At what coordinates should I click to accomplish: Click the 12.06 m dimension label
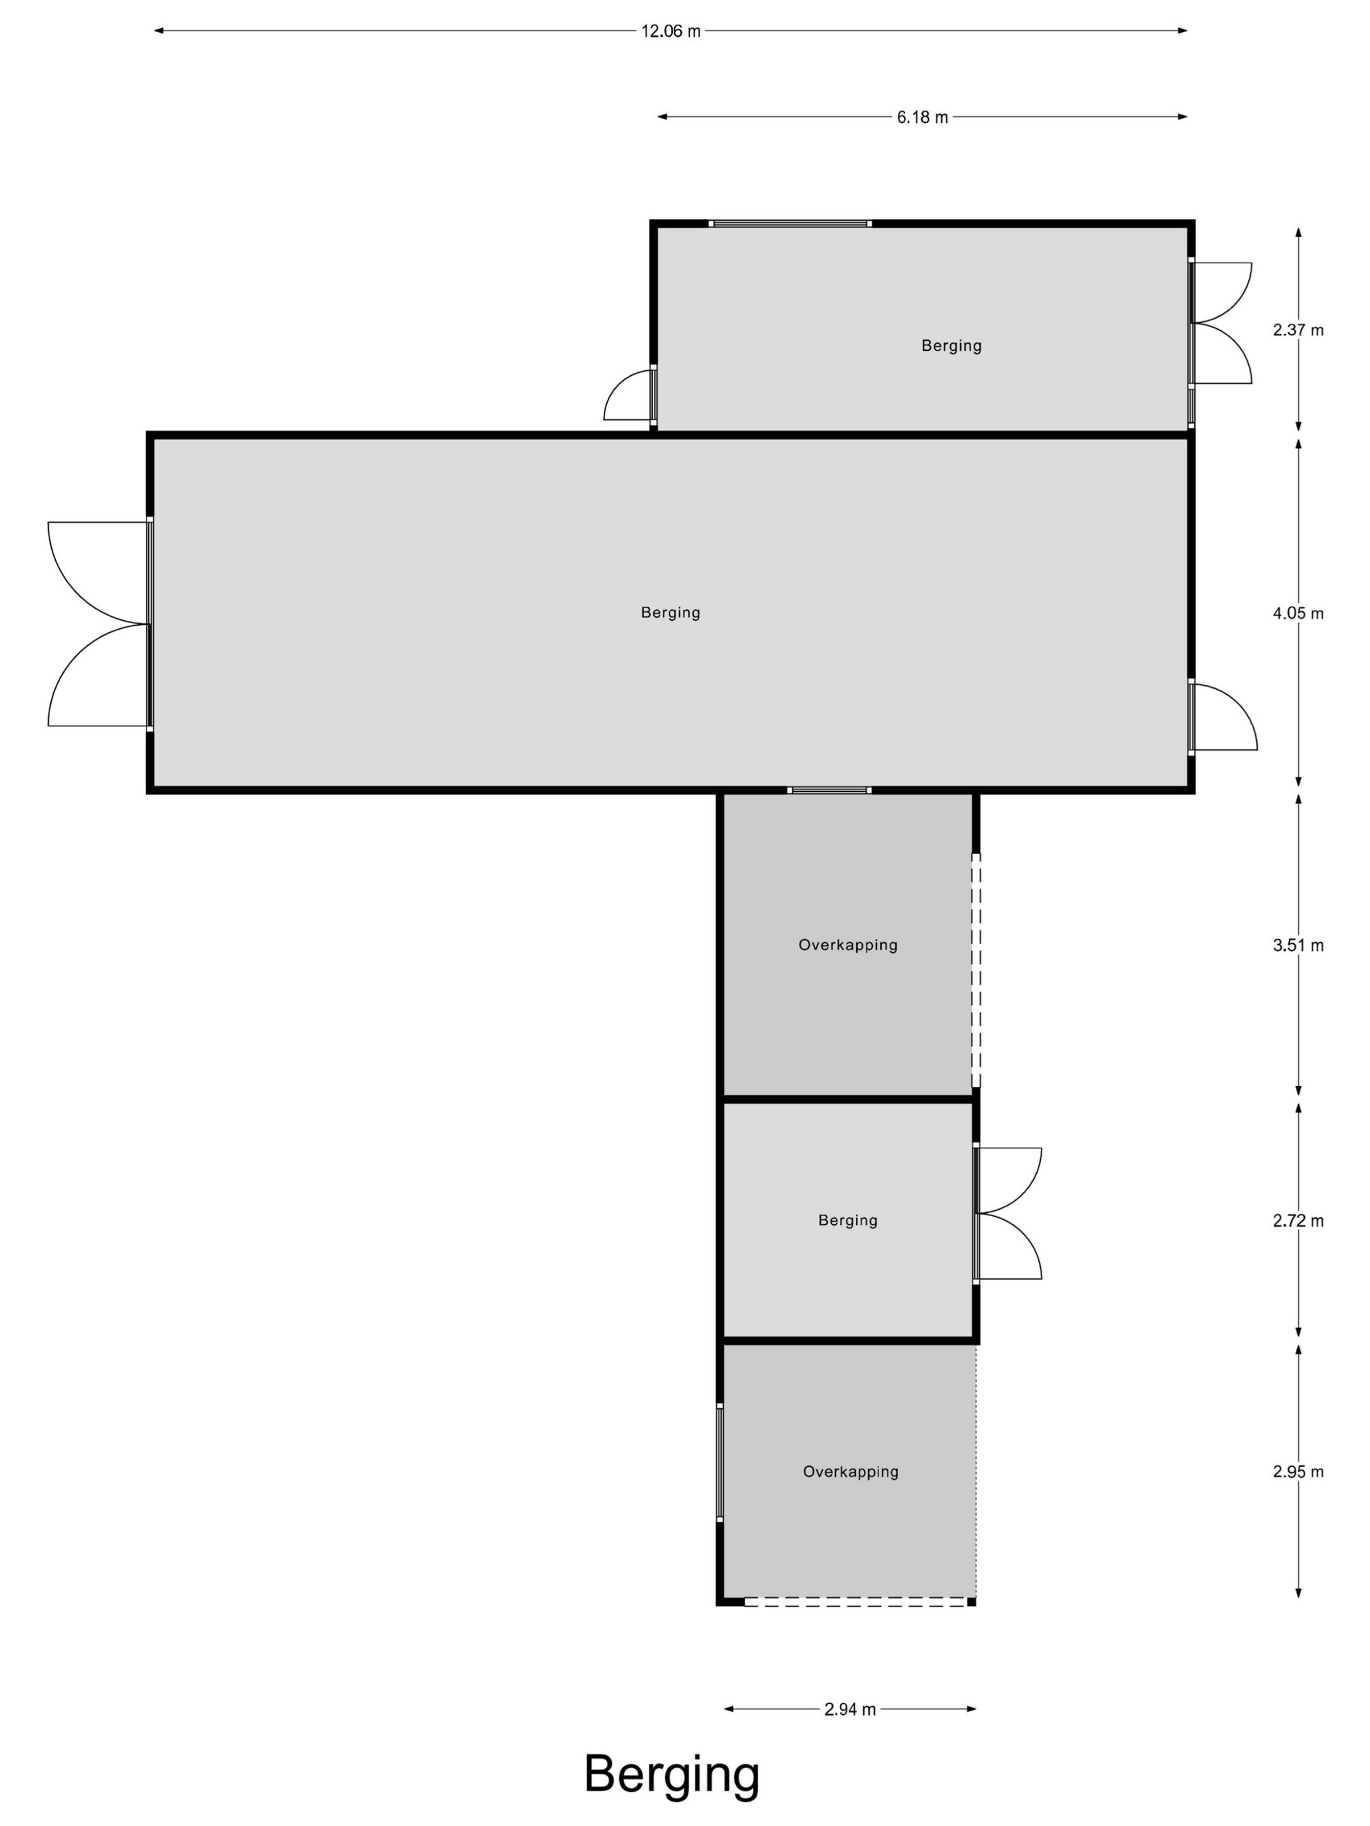pyautogui.click(x=670, y=31)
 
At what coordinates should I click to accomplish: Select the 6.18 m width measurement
pyautogui.click(x=922, y=117)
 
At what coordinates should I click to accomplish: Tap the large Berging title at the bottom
pyautogui.click(x=672, y=1773)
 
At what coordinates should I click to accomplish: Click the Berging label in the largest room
pyautogui.click(x=670, y=612)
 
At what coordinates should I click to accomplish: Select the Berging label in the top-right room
pyautogui.click(x=951, y=346)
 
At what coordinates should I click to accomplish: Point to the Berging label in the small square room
pyautogui.click(x=848, y=1220)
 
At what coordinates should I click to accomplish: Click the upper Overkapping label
pyautogui.click(x=848, y=945)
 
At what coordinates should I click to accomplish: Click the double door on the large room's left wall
pyautogui.click(x=99, y=624)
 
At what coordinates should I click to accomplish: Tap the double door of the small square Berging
pyautogui.click(x=1007, y=1214)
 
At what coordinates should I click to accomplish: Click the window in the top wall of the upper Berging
pyautogui.click(x=791, y=224)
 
